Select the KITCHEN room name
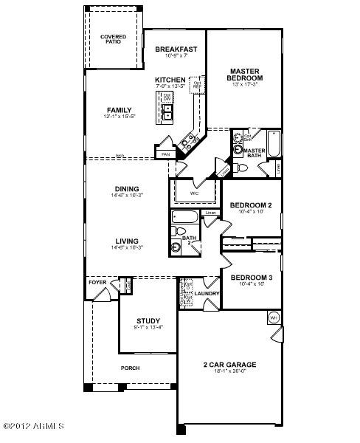pos(169,79)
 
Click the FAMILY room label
pos(119,111)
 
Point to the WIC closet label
pos(194,194)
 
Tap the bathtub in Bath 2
pos(184,217)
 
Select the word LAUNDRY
pos(207,294)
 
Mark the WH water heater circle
pos(274,317)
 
